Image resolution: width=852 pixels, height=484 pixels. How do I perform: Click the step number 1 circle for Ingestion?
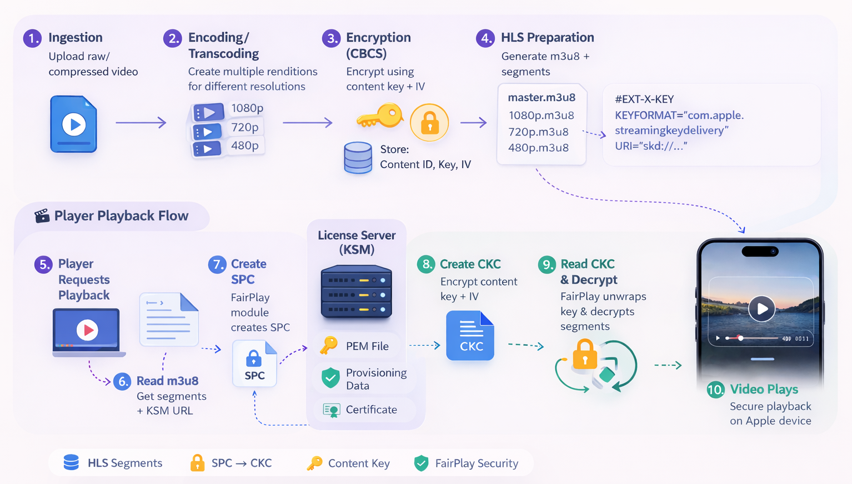pyautogui.click(x=32, y=38)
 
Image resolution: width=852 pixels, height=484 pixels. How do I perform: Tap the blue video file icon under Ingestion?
pyautogui.click(x=74, y=124)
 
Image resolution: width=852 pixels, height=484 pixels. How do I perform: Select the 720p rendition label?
pyautogui.click(x=245, y=127)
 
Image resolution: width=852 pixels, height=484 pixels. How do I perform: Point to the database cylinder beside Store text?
pyautogui.click(x=358, y=158)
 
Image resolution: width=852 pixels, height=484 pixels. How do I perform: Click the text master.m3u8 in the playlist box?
pyautogui.click(x=542, y=98)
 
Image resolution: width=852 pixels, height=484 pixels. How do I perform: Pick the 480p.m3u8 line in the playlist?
pyautogui.click(x=538, y=148)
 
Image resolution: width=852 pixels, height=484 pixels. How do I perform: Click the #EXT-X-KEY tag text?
pyautogui.click(x=644, y=99)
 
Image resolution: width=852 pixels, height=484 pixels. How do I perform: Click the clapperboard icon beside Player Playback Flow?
pyautogui.click(x=42, y=216)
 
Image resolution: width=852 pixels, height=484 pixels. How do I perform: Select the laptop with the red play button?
pyautogui.click(x=87, y=331)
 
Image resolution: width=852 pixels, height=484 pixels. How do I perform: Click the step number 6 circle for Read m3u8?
pyautogui.click(x=122, y=381)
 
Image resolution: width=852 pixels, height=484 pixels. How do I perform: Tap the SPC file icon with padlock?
pyautogui.click(x=254, y=364)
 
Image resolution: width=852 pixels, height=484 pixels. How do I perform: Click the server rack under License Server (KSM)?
pyautogui.click(x=357, y=292)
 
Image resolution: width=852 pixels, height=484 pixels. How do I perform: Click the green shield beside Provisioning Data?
pyautogui.click(x=330, y=378)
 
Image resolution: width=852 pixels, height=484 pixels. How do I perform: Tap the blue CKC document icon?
pyautogui.click(x=470, y=336)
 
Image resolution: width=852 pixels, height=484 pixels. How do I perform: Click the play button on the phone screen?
pyautogui.click(x=761, y=308)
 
